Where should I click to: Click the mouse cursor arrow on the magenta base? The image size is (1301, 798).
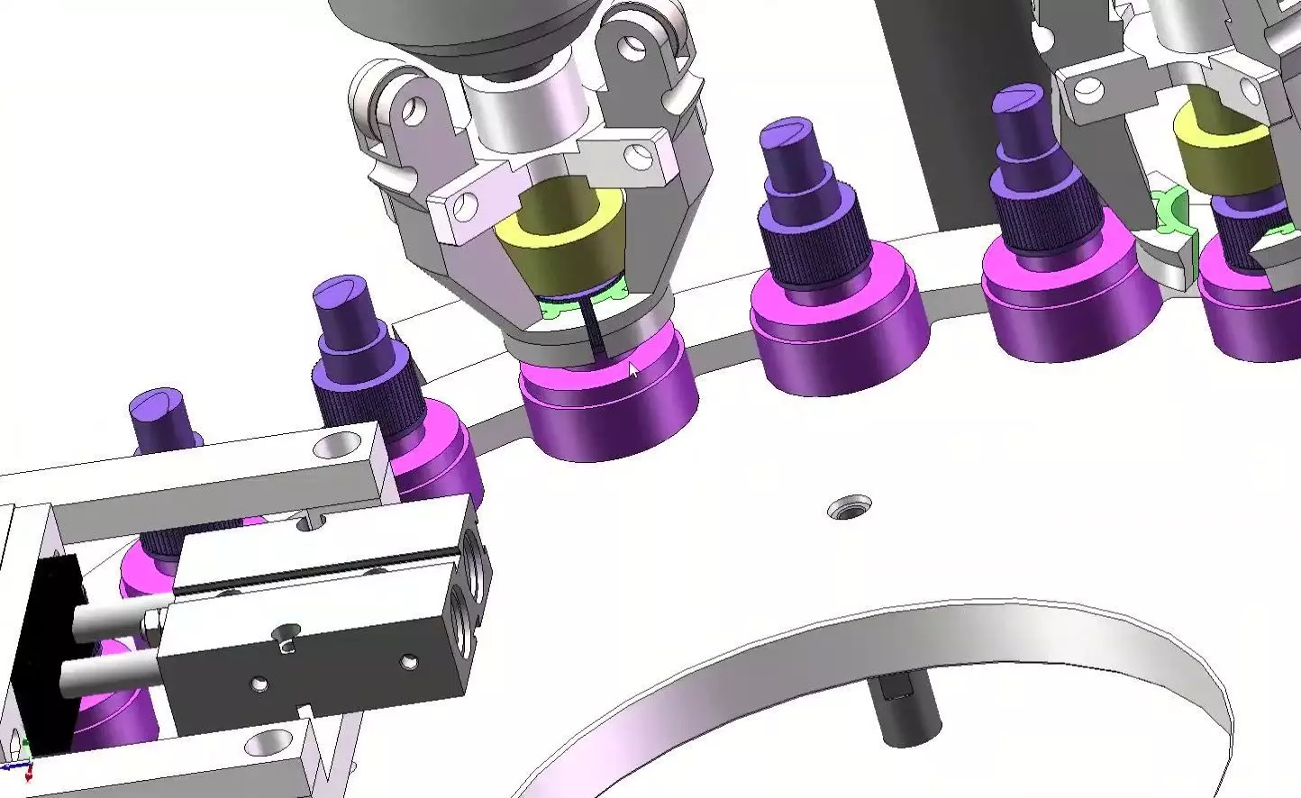[x=633, y=371]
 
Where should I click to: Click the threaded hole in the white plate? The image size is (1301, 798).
[x=850, y=507]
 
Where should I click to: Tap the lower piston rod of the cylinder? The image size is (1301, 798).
[x=108, y=671]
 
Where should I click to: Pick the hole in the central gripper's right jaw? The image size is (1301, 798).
[x=641, y=154]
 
